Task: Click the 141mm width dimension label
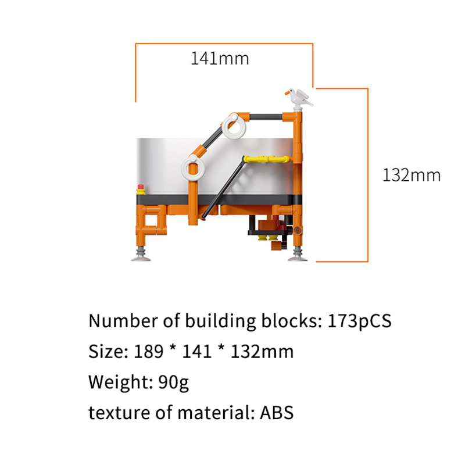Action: point(220,59)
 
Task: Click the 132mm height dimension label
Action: point(412,176)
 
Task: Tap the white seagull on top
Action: point(299,97)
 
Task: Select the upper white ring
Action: point(234,127)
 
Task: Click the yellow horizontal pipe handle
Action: point(266,159)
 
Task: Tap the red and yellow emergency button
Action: point(141,189)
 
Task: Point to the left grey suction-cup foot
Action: point(141,255)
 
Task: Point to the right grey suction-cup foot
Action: point(298,255)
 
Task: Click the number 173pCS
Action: point(359,321)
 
